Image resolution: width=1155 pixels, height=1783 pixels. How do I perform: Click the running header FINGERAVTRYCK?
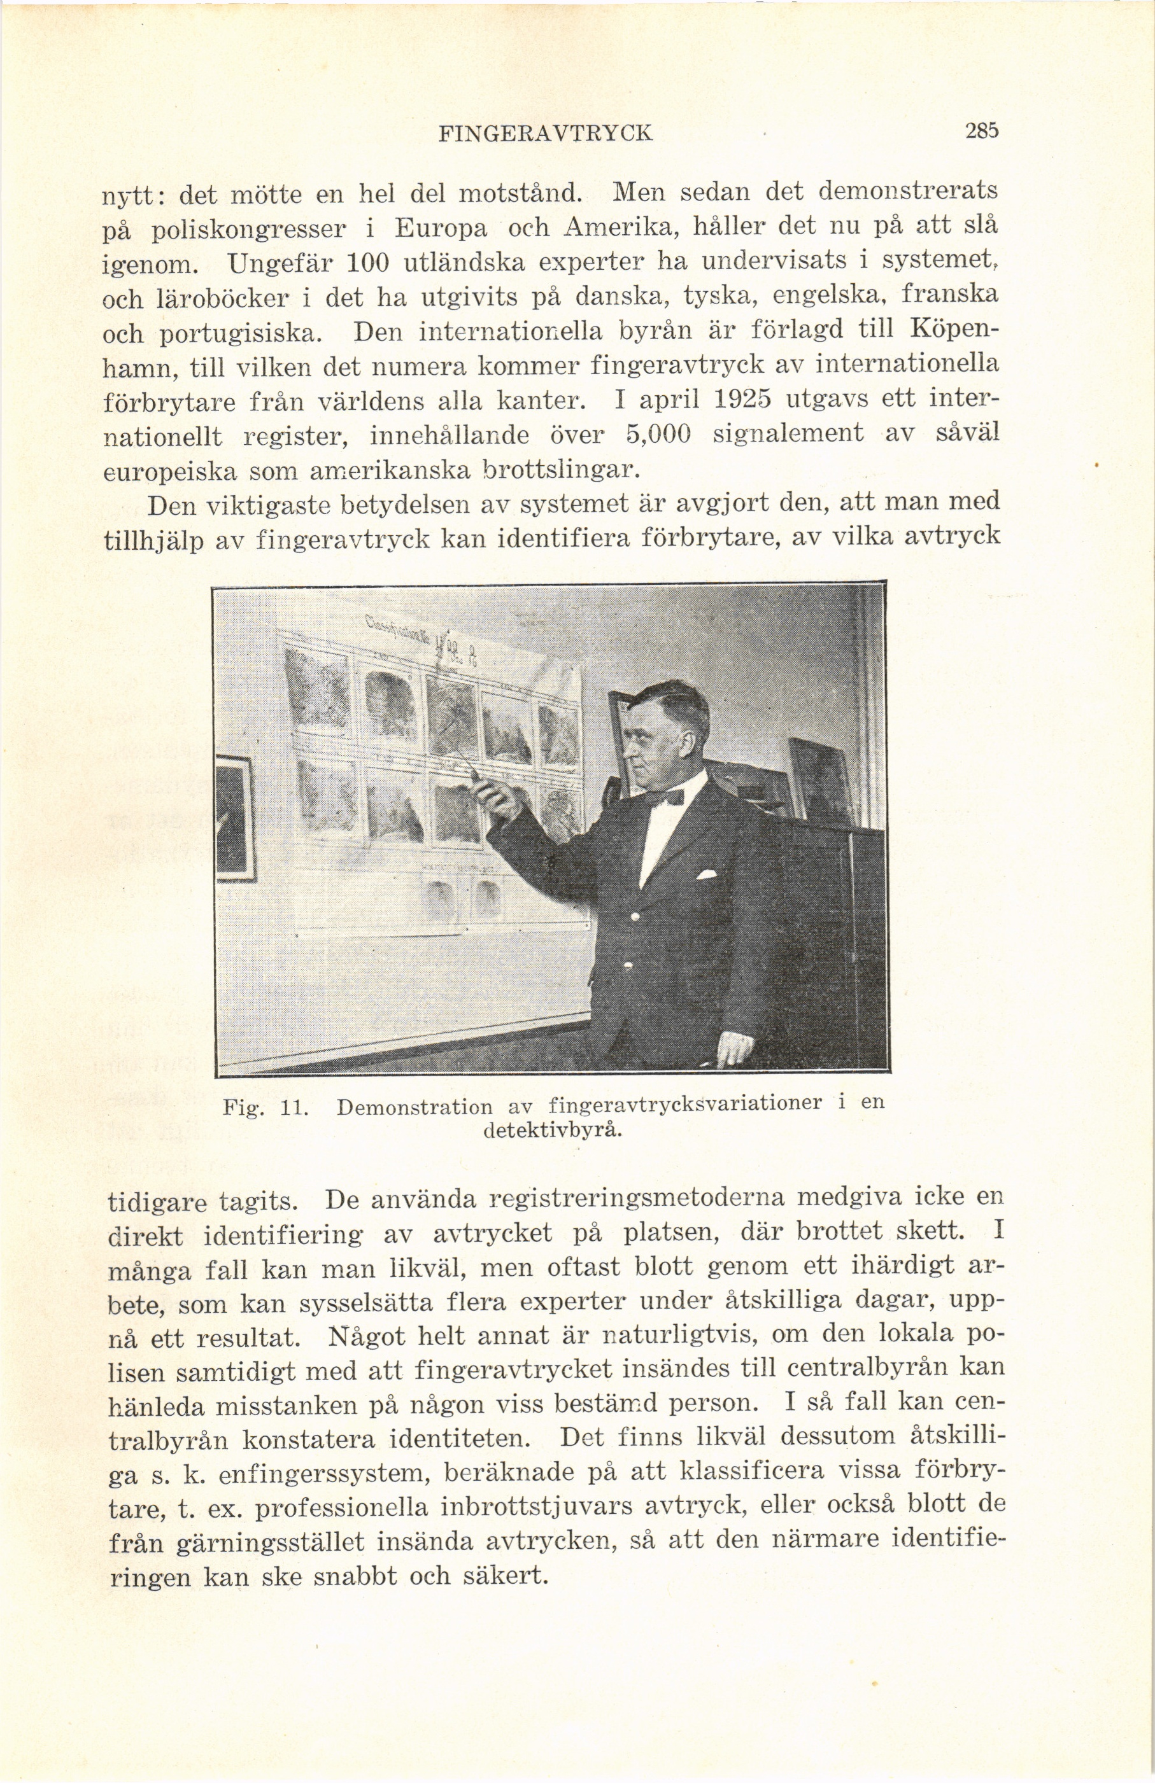[x=546, y=134]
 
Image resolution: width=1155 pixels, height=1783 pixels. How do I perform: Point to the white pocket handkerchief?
[x=707, y=874]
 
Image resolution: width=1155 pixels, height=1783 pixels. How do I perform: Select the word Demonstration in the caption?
[x=415, y=1107]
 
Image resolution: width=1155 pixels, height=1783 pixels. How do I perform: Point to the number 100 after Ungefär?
[x=367, y=262]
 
